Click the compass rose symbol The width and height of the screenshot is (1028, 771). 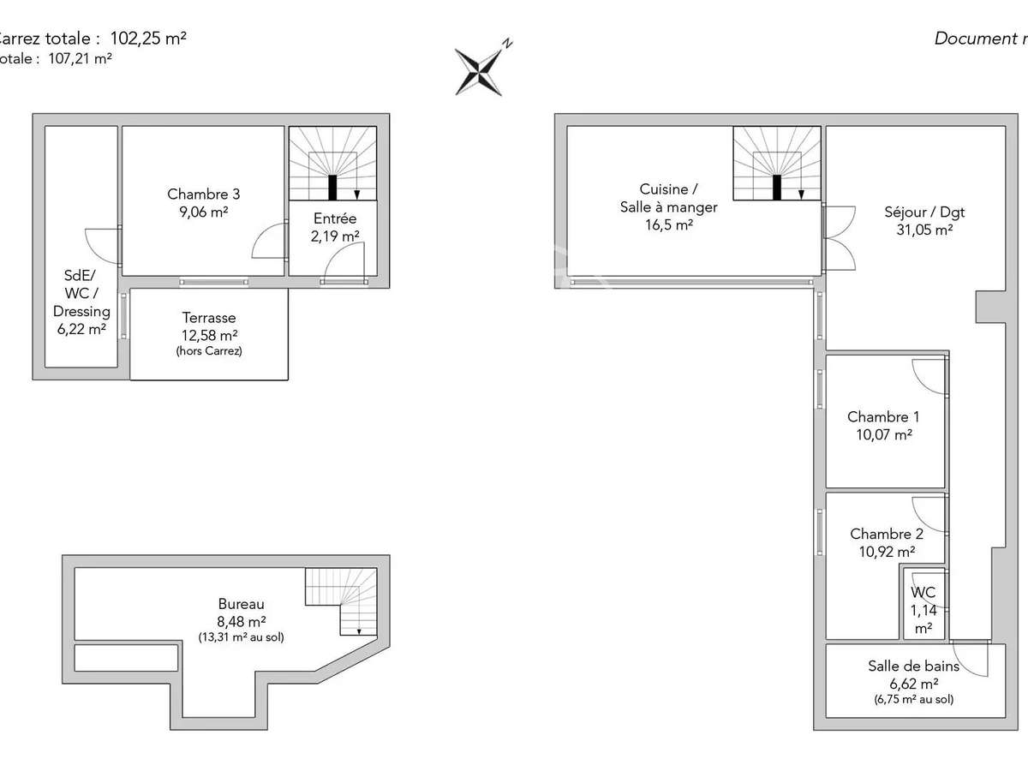coord(480,69)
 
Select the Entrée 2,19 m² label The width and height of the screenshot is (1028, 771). coord(334,227)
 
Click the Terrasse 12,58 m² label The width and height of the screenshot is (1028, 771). coord(208,326)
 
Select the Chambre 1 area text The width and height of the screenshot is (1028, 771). coord(882,434)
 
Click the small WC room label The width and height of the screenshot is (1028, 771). coord(923,609)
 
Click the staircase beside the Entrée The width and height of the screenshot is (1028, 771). coord(332,164)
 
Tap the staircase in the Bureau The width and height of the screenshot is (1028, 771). coord(340,601)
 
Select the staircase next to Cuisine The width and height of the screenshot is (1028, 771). coord(777,164)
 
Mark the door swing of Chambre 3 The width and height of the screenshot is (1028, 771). coord(270,241)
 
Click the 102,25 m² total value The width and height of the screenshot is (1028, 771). coord(148,38)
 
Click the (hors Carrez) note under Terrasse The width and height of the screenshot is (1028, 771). coord(209,351)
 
